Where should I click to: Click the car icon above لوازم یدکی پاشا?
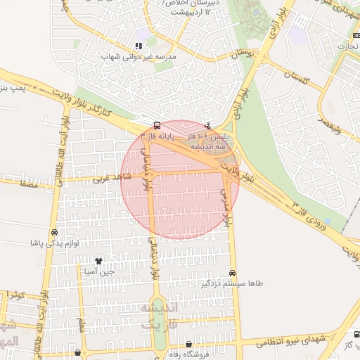coord(54,233)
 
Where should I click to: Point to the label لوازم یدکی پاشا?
coord(53,243)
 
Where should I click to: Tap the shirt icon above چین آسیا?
coord(98,261)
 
